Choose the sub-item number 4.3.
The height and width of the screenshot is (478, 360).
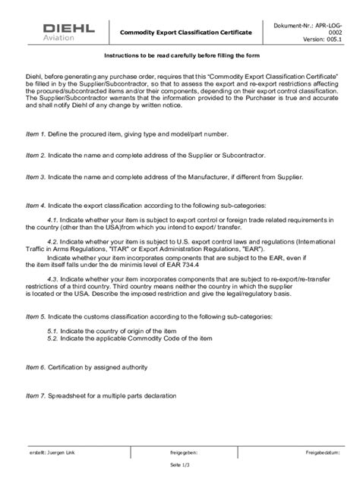point(52,278)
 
